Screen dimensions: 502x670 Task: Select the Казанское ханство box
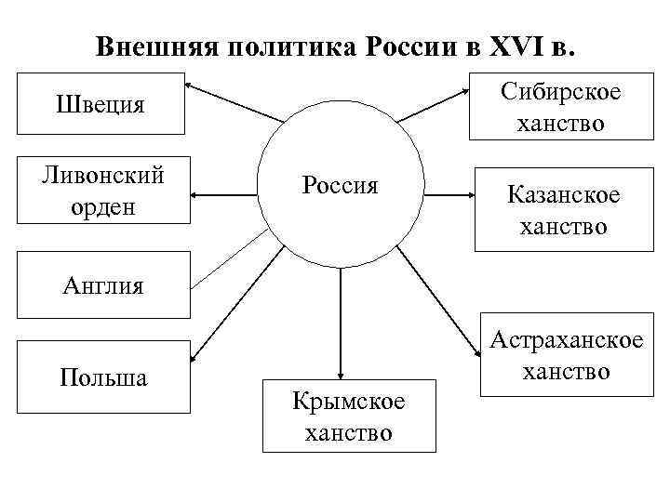563,209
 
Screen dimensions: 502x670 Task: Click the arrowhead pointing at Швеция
191,87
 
